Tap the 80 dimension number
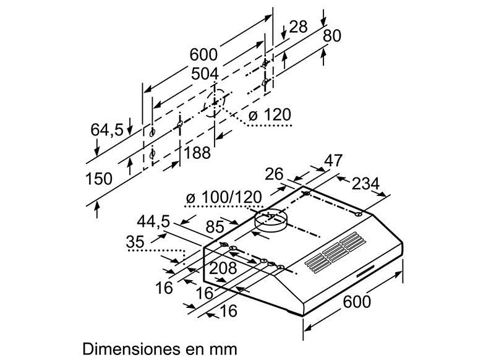click(x=332, y=36)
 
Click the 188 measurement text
click(x=197, y=152)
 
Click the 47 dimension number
click(x=334, y=161)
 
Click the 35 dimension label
click(x=135, y=243)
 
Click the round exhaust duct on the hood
click(x=271, y=219)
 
